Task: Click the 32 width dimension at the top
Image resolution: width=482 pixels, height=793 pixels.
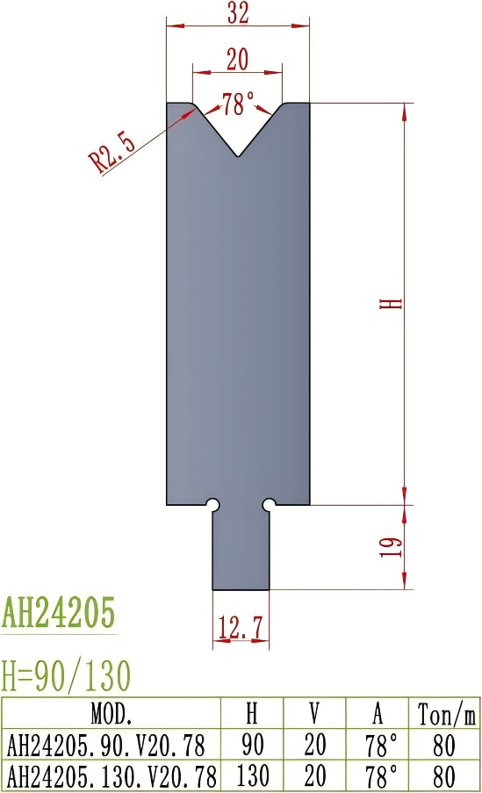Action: coord(238,13)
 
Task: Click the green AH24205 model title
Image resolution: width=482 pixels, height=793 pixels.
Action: coord(59,611)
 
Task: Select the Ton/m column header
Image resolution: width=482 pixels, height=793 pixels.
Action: coord(445,712)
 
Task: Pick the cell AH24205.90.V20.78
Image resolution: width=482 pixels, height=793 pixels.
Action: coord(106,745)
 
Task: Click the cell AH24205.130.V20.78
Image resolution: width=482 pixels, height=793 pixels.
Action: coord(112,775)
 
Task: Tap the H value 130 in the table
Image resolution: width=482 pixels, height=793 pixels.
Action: coord(254,775)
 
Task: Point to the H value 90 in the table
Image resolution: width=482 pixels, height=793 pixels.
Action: coord(254,745)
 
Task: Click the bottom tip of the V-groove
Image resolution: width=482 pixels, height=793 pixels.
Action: coord(238,157)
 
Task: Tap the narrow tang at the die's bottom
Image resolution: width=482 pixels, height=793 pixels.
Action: coord(241,549)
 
